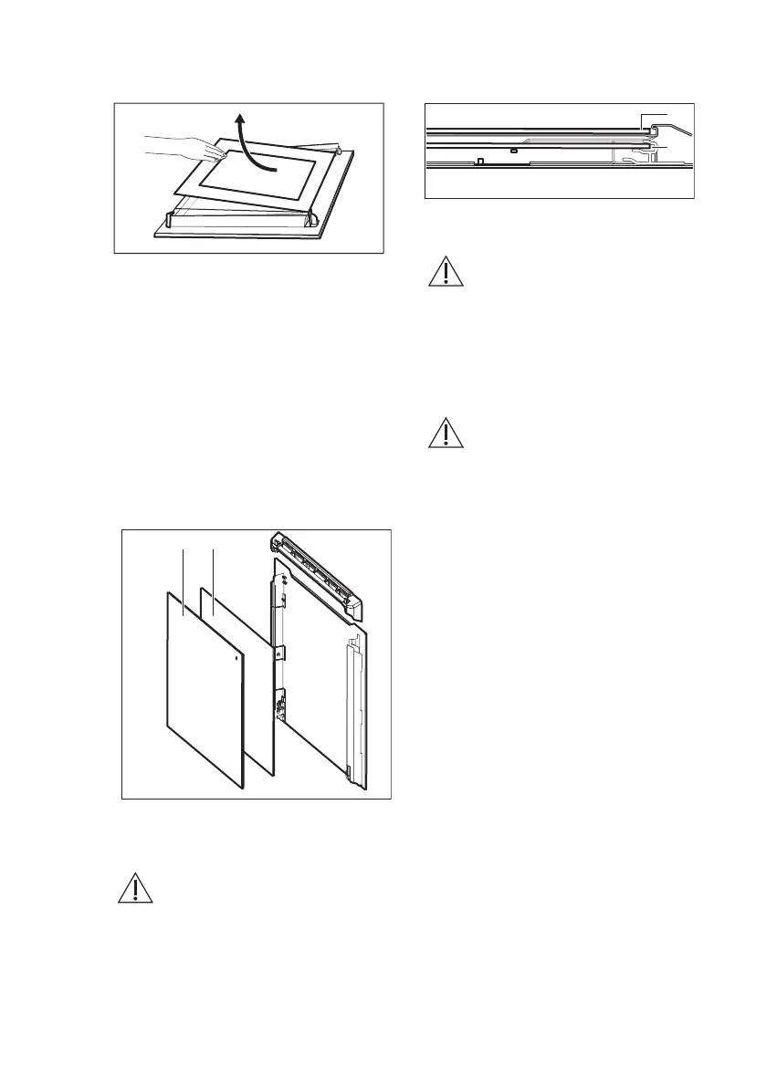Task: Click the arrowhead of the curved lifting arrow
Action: pyautogui.click(x=239, y=117)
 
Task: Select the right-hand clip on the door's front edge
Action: pyautogui.click(x=312, y=218)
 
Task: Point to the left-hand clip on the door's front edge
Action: pyautogui.click(x=170, y=219)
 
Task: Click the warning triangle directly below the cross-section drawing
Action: pyautogui.click(x=446, y=273)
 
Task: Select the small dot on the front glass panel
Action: pyautogui.click(x=237, y=656)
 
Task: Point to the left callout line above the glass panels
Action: pyautogui.click(x=184, y=580)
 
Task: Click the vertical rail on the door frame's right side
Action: pyautogui.click(x=352, y=703)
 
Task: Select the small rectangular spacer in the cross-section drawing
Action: pyautogui.click(x=515, y=149)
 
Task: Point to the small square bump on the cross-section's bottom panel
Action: pyautogui.click(x=480, y=162)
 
